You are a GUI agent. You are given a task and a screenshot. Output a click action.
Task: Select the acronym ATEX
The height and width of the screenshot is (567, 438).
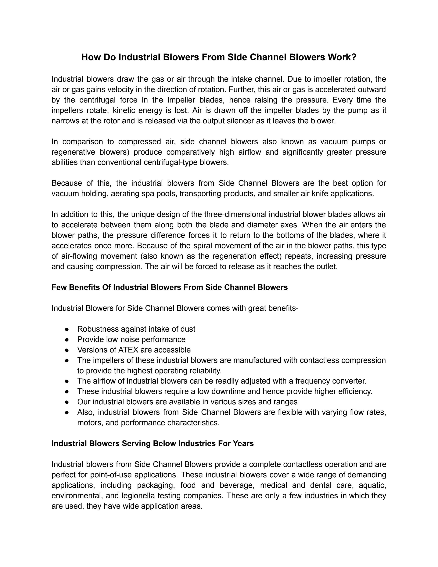(128, 350)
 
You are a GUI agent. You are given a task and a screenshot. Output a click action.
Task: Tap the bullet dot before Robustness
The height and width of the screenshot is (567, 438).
(67, 329)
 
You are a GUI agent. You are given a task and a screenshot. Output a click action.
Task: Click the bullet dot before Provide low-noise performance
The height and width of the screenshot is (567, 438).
(67, 340)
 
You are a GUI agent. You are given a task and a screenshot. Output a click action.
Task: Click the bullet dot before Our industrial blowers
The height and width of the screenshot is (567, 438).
(67, 402)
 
